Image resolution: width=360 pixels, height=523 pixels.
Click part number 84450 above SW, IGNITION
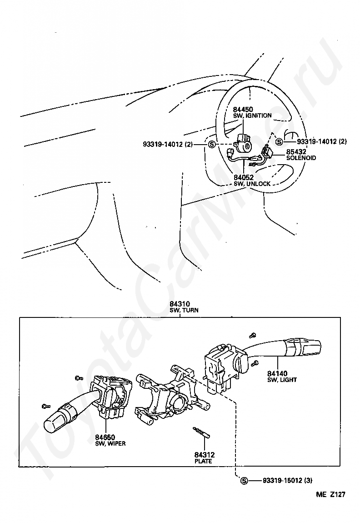[x=243, y=110]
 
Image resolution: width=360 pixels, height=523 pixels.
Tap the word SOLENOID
[x=301, y=158]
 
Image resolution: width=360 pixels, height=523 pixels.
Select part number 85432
[x=296, y=152]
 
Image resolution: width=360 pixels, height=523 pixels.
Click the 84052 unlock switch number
[x=243, y=177]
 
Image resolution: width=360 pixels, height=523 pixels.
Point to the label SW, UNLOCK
[x=252, y=184]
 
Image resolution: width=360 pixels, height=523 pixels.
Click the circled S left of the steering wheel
[x=212, y=145]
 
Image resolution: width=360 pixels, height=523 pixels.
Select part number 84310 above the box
[x=180, y=304]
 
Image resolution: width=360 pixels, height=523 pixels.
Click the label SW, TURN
[x=184, y=310]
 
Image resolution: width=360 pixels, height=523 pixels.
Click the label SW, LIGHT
[x=282, y=380]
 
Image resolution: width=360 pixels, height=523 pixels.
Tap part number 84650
[x=105, y=437]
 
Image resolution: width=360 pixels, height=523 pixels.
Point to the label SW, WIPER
[x=110, y=443]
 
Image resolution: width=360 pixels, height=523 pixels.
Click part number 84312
[x=204, y=454]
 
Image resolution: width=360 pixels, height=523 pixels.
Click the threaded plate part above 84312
[x=201, y=432]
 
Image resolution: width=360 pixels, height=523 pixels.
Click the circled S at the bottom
[x=244, y=481]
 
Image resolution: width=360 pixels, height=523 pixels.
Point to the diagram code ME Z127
[x=331, y=496]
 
